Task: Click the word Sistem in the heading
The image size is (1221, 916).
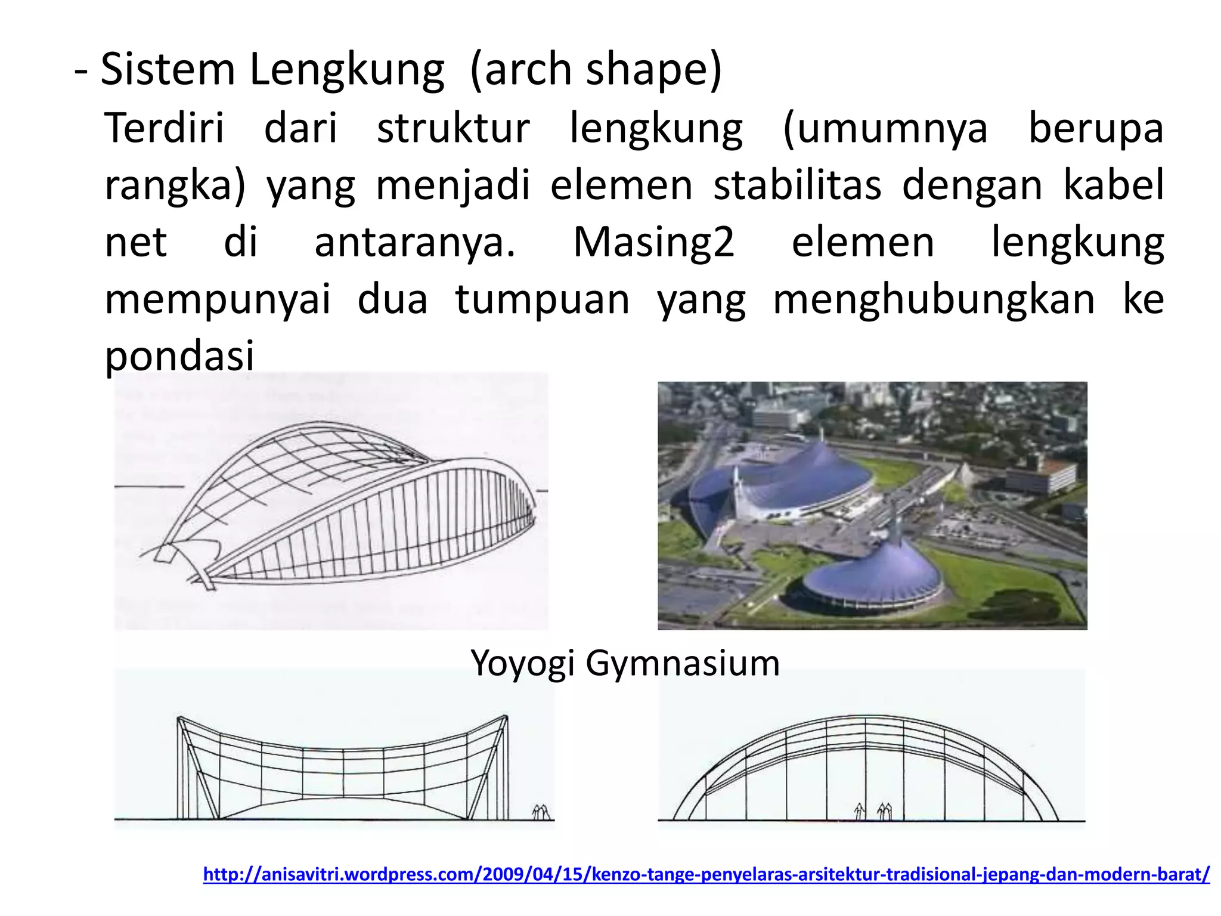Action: (x=168, y=70)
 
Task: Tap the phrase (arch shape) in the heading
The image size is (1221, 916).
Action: (x=596, y=70)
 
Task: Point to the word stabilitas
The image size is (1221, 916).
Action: (x=797, y=185)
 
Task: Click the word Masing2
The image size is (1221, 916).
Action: (x=653, y=242)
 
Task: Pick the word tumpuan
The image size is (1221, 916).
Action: (x=543, y=299)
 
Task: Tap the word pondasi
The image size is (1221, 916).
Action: (x=179, y=357)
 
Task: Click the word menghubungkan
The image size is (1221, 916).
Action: (x=934, y=299)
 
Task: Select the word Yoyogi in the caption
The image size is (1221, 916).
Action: (x=523, y=663)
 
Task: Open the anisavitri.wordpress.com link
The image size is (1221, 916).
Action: (x=706, y=874)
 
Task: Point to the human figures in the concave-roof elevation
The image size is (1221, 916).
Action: (x=540, y=812)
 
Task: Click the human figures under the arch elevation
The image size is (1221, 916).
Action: (x=874, y=812)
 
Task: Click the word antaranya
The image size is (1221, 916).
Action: (x=415, y=242)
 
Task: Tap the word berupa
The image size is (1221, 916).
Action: (x=1096, y=129)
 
